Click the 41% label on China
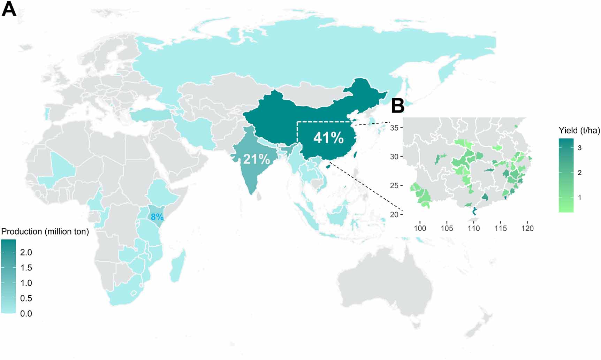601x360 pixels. click(x=328, y=138)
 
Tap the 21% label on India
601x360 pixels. click(x=257, y=159)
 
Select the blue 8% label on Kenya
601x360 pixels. click(x=157, y=217)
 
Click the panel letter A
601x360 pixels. click(x=9, y=9)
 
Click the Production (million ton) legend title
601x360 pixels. click(x=45, y=232)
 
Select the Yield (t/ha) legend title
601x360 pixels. click(x=579, y=131)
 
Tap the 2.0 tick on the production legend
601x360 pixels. click(x=26, y=252)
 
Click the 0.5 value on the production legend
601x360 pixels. click(x=26, y=298)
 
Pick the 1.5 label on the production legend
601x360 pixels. click(x=26, y=268)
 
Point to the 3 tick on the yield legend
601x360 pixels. click(x=580, y=148)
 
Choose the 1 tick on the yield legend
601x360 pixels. click(x=580, y=198)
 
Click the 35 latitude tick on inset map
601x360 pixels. click(x=394, y=128)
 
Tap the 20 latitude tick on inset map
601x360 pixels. click(x=394, y=215)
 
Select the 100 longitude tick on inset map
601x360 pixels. click(x=420, y=228)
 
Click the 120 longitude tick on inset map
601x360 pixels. click(x=527, y=228)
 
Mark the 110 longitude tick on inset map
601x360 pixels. click(x=473, y=228)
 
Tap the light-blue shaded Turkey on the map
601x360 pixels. click(x=150, y=115)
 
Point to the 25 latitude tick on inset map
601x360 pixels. click(x=394, y=185)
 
